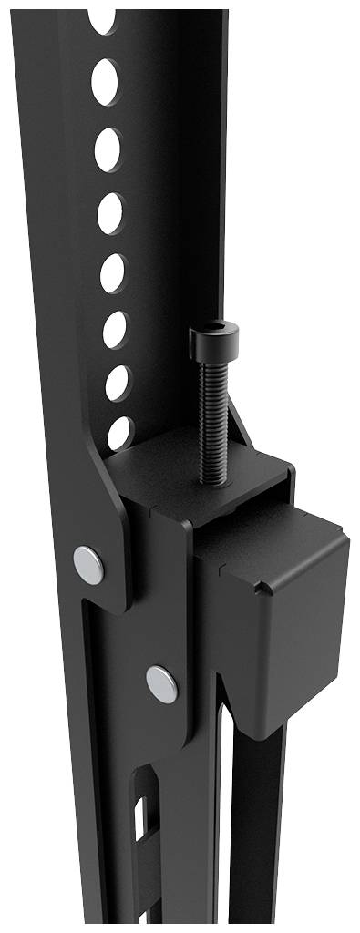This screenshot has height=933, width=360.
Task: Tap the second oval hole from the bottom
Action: pos(118,383)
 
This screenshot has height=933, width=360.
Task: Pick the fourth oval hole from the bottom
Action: pos(113,272)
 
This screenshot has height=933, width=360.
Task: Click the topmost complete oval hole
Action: pos(105,81)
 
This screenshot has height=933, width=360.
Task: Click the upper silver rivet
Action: pos(88,564)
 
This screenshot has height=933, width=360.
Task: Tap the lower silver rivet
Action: pos(162,683)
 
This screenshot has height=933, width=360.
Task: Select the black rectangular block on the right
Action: pos(278,610)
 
